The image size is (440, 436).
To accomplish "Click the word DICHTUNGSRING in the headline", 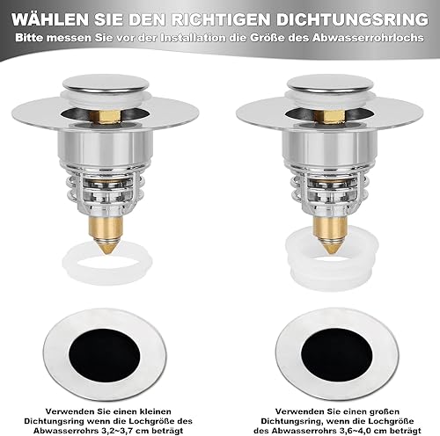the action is [352, 20].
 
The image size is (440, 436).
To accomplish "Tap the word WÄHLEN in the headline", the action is [50, 19].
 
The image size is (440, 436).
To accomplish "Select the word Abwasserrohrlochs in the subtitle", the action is [368, 38].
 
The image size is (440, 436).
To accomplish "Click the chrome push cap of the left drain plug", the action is [106, 83].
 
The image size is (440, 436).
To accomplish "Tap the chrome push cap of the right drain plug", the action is [331, 83].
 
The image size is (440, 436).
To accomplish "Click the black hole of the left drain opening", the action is [104, 355].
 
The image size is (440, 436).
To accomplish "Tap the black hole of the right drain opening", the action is [337, 355].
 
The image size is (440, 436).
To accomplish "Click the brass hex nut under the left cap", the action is [105, 116].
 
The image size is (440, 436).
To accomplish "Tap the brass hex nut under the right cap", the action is [330, 116].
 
